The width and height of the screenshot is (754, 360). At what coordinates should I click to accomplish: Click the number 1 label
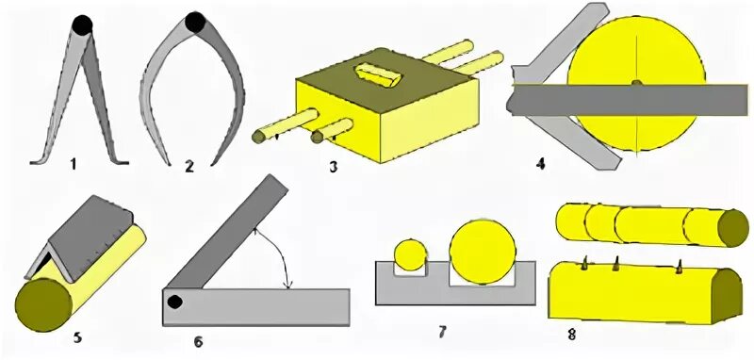tap(74, 165)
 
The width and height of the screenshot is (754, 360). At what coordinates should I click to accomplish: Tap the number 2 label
tap(189, 166)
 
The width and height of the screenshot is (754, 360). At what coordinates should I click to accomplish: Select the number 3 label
tap(333, 167)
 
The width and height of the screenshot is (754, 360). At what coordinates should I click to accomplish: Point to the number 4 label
tap(540, 164)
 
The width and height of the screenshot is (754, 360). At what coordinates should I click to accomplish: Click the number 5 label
tap(77, 337)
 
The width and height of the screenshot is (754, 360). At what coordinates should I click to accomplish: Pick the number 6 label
tap(198, 341)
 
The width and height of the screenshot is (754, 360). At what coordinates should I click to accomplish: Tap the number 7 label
tap(442, 331)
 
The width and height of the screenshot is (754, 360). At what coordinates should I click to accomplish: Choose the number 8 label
tap(571, 334)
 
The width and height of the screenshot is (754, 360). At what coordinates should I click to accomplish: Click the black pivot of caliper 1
tap(82, 25)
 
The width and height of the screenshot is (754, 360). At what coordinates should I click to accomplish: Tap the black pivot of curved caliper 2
tap(195, 22)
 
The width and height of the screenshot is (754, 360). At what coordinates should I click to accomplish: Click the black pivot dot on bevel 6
tap(175, 303)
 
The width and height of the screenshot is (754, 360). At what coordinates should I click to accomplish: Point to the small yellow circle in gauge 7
tap(410, 255)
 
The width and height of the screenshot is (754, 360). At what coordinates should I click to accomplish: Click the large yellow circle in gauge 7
tap(483, 252)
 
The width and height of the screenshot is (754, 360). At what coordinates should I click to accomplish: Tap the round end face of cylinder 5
tap(43, 304)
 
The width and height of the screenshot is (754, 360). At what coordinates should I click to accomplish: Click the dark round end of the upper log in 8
tap(733, 228)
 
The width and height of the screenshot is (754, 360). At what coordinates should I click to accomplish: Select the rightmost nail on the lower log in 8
tap(679, 267)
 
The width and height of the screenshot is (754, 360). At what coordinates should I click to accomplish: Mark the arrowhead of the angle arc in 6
tap(288, 286)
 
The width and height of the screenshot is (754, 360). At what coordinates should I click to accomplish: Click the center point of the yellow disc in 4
tap(636, 83)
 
